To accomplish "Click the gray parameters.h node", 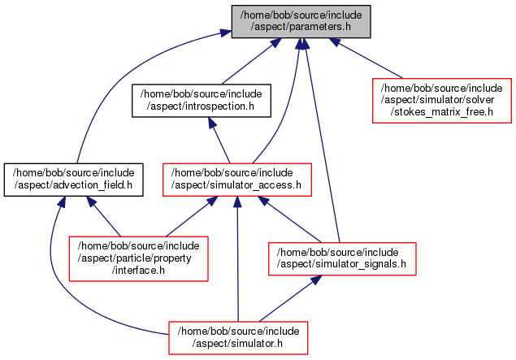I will [301, 21].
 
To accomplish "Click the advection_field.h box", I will [74, 179].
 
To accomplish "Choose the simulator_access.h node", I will [238, 179].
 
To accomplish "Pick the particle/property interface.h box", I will [138, 258].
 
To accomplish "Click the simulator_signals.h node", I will [342, 258].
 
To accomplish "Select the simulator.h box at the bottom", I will [238, 336].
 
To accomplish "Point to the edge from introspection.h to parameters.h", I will [251, 61].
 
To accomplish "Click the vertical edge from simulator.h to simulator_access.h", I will [238, 260].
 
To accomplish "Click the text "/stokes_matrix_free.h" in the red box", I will [442, 111].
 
